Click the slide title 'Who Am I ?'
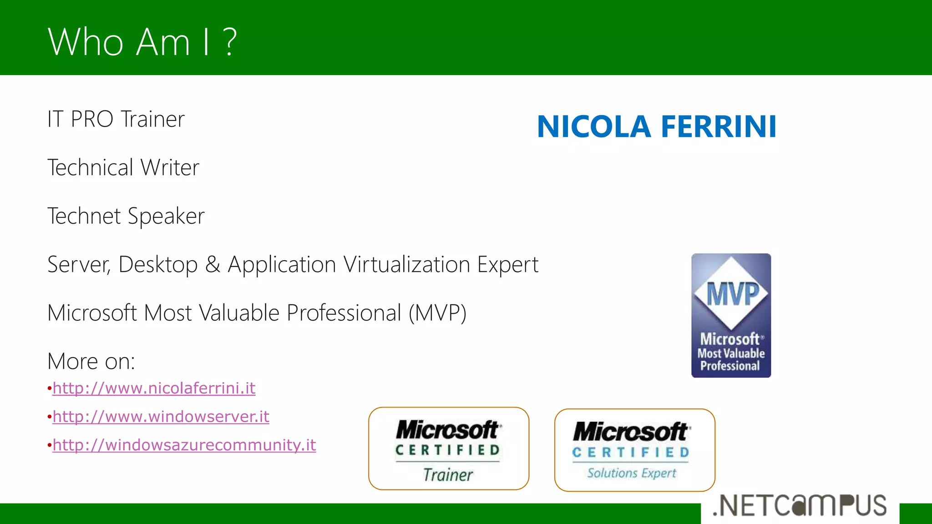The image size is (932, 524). pos(142,42)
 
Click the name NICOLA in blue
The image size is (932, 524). pos(594,126)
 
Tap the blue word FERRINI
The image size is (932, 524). pos(719,126)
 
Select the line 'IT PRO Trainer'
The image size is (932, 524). pos(116,119)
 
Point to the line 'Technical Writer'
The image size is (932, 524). pos(123,167)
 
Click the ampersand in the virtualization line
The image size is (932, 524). pos(213,265)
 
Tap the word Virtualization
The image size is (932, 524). pos(406,265)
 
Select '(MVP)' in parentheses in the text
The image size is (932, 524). pos(437,313)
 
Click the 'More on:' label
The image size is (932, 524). pos(91,361)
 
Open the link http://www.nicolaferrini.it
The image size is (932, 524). pos(154,388)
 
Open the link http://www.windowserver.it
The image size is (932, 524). pos(161,417)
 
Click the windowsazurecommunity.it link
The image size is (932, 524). pos(184,445)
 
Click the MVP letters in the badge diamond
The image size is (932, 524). pos(732,293)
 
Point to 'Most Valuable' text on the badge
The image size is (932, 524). pos(731,353)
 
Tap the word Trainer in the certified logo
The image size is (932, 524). pos(448,475)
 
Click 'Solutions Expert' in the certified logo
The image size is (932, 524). pos(632,473)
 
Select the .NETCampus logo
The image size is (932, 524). pos(800,506)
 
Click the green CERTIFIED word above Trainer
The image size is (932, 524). pos(448,450)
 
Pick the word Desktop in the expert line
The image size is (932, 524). pos(158,265)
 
